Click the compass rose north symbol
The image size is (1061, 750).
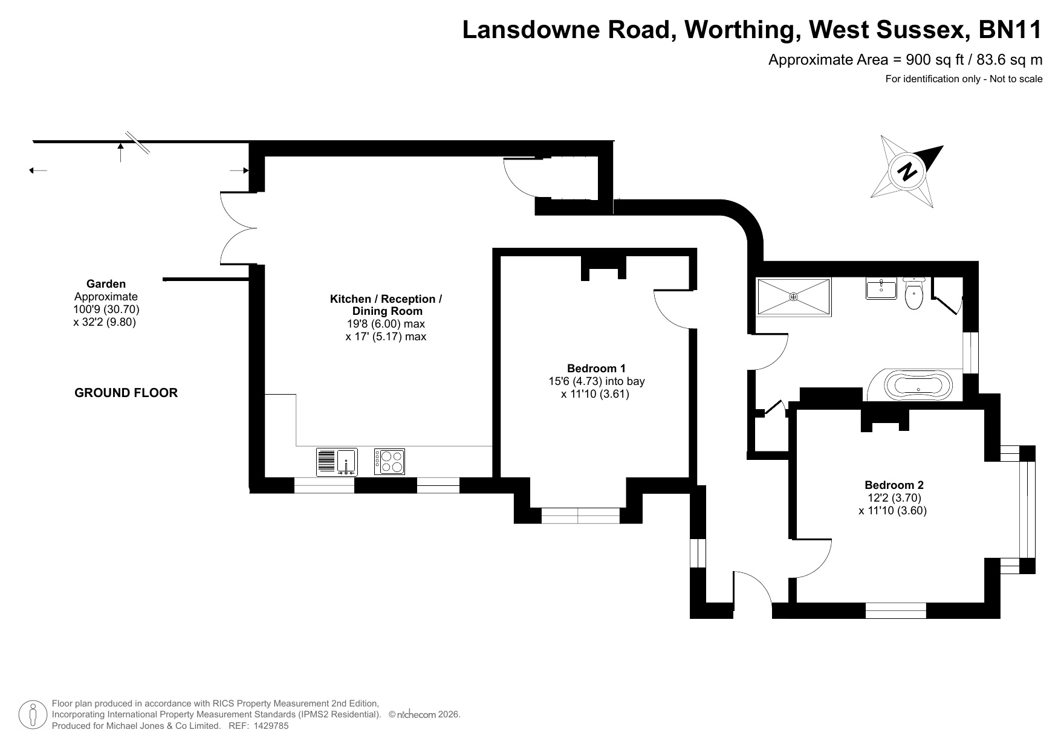click(x=907, y=171)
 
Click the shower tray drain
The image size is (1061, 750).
click(x=794, y=297)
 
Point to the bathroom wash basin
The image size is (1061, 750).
click(x=881, y=289)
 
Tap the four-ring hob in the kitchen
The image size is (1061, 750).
click(x=389, y=462)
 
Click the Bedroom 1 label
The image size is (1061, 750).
click(x=596, y=368)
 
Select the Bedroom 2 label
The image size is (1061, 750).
click(x=894, y=485)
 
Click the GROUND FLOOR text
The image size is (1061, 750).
click(x=126, y=393)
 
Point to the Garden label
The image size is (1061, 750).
click(x=106, y=283)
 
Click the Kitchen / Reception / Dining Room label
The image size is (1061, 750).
click(x=386, y=305)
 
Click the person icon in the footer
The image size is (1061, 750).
click(x=33, y=715)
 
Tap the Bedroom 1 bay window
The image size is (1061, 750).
click(x=580, y=516)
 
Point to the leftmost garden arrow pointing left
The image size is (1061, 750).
click(x=38, y=170)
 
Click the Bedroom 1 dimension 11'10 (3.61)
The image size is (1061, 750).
click(x=595, y=395)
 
